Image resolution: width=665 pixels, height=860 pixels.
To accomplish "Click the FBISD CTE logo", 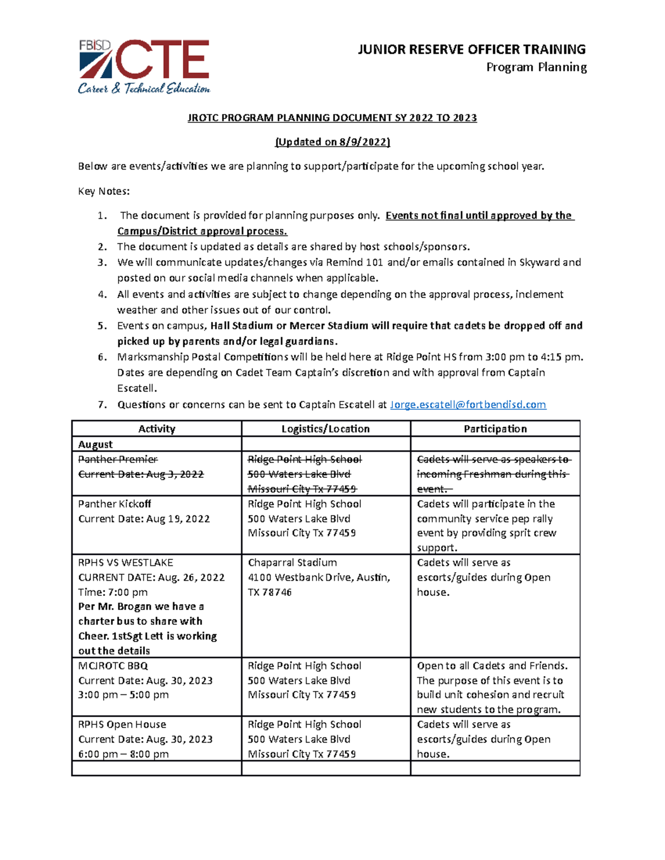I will click(x=144, y=66).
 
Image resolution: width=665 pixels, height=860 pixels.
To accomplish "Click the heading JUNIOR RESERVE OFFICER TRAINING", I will click(x=472, y=50).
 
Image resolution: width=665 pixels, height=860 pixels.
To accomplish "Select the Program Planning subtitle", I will click(x=536, y=68).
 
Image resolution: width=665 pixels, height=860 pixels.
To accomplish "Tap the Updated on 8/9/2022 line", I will click(x=332, y=142).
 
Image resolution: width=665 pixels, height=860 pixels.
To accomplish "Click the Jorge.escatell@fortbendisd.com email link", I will click(x=468, y=405).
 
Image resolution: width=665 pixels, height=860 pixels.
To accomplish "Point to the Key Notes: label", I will click(x=104, y=192).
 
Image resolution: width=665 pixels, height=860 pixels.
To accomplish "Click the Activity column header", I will click(x=156, y=429).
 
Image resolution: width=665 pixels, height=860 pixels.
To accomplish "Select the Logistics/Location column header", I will click(x=325, y=429).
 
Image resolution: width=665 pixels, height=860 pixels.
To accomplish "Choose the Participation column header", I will click(x=495, y=429).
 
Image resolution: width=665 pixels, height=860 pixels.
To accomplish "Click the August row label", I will click(x=95, y=444).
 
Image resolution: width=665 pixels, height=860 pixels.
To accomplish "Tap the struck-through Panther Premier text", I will click(x=117, y=459).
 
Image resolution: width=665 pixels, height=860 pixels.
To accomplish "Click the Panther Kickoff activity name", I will click(x=114, y=504).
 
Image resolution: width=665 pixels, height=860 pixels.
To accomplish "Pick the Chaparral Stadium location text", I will click(x=292, y=563).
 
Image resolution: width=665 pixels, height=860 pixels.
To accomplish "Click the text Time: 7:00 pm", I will click(x=112, y=592).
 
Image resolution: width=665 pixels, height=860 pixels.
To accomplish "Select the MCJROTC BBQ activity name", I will click(x=112, y=666).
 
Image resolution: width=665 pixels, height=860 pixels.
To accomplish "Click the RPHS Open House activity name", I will click(x=122, y=724).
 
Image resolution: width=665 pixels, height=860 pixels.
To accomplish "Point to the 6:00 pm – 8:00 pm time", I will click(x=123, y=754).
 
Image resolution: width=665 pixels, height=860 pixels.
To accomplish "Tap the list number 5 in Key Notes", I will click(x=102, y=326).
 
